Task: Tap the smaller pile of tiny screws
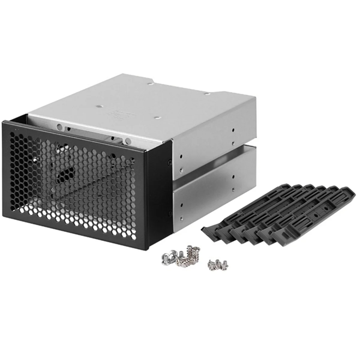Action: click(217, 264)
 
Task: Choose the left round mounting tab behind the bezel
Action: click(60, 126)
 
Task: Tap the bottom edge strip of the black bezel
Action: click(75, 237)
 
